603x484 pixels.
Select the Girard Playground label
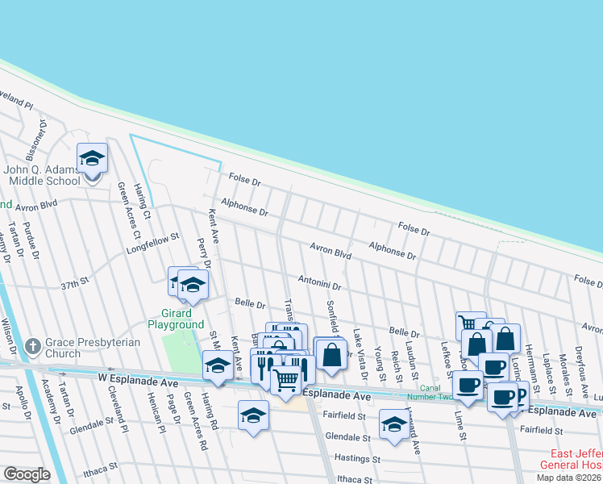click(176, 319)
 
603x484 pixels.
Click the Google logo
click(27, 474)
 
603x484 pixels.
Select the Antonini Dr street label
click(320, 286)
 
